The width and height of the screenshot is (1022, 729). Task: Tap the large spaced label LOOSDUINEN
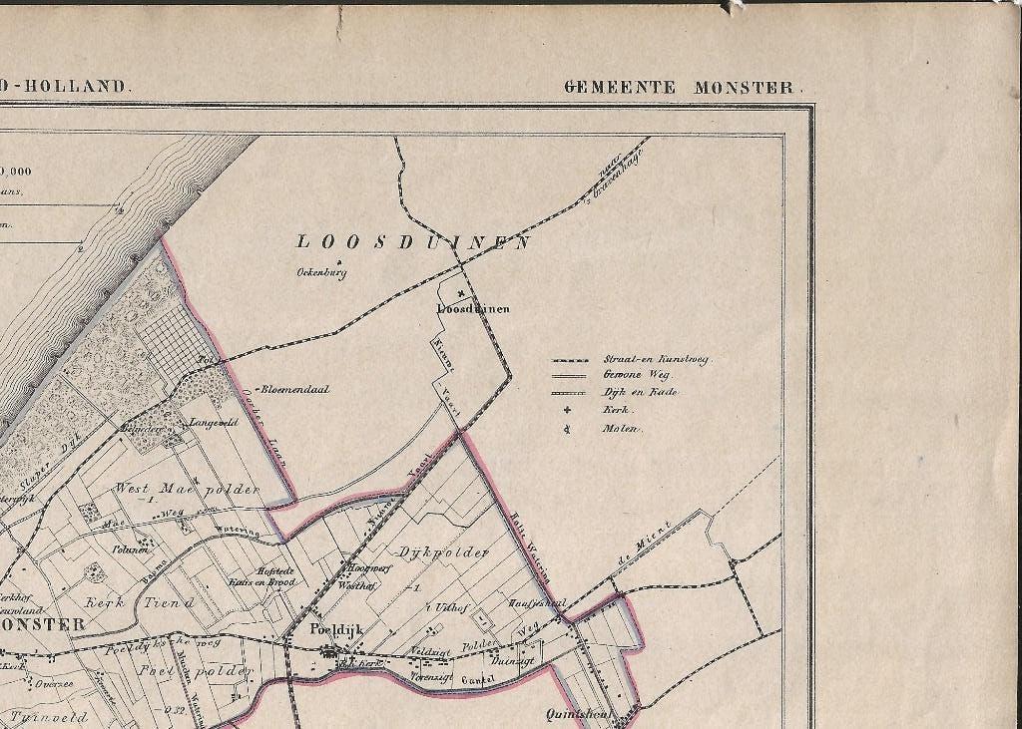click(x=413, y=241)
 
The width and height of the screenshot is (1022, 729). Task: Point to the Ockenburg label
click(x=320, y=272)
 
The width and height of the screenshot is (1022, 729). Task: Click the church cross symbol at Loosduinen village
click(x=460, y=293)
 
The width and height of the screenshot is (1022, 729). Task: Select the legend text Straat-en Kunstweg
click(x=655, y=360)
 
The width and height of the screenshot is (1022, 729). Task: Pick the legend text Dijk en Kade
click(x=640, y=393)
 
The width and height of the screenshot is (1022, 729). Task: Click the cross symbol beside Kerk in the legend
click(x=567, y=410)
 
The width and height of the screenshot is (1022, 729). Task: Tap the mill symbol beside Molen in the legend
click(x=567, y=429)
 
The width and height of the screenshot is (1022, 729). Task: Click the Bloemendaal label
click(x=295, y=390)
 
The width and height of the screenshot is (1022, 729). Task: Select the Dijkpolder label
click(x=429, y=551)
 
